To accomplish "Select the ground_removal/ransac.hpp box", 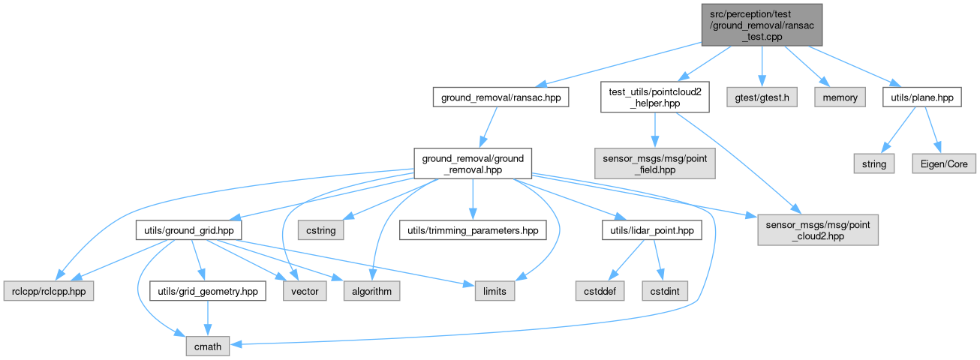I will [x=501, y=97].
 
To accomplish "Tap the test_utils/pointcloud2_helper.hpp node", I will [x=655, y=98].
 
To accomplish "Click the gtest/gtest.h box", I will [x=762, y=97].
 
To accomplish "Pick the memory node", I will [x=840, y=97].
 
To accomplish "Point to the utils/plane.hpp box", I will [x=922, y=97].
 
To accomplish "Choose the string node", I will [x=873, y=163].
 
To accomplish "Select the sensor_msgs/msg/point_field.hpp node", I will [x=655, y=163].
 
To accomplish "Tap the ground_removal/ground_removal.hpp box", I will [x=473, y=163].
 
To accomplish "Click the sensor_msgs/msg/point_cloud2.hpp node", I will [x=816, y=229].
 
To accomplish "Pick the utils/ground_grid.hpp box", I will [x=188, y=229].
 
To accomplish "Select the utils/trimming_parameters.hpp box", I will [x=473, y=229].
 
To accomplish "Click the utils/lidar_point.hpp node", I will [x=651, y=229].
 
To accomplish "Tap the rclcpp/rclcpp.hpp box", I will [x=49, y=291].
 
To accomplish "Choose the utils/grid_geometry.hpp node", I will [x=208, y=291].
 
